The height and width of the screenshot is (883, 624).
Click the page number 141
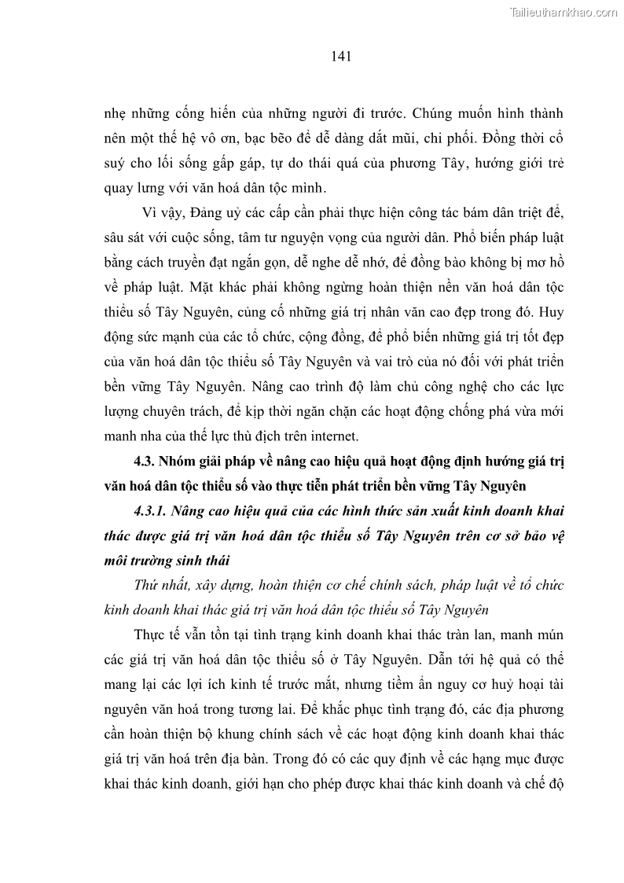coord(340,56)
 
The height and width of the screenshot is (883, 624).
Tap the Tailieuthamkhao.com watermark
coord(564,12)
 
